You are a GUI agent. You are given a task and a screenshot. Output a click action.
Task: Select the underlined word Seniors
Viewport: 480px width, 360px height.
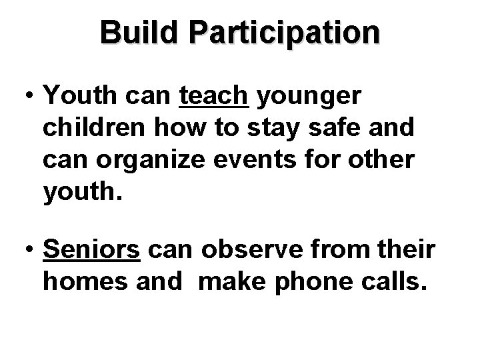click(91, 251)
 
